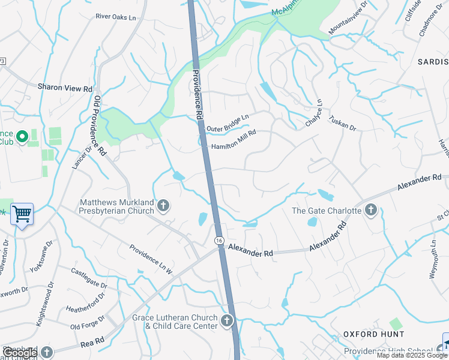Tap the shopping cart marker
click(22, 214)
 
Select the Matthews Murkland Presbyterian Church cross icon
click(163, 207)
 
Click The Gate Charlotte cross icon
click(371, 210)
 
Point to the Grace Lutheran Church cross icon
click(227, 321)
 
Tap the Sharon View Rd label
click(65, 88)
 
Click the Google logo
click(19, 352)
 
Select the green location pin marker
click(22, 137)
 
